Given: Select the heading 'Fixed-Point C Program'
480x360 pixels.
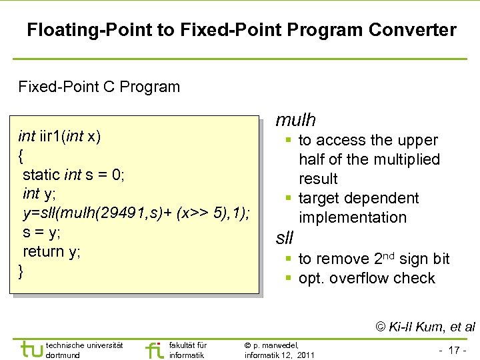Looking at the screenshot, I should [99, 87].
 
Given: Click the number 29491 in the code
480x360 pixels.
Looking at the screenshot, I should [101, 213].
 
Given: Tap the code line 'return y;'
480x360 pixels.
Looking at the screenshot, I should [51, 252].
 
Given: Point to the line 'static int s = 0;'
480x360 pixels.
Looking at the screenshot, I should [73, 175].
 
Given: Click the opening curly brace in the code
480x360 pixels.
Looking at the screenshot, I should [21, 156].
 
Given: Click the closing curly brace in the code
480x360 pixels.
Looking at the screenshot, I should [21, 271].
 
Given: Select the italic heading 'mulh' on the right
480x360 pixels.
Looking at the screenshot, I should [295, 120].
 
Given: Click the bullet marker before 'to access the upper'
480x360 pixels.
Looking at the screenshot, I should [289, 141].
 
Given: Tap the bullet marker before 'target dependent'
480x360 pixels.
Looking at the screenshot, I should [289, 199].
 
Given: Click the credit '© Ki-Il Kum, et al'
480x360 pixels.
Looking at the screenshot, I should [425, 327].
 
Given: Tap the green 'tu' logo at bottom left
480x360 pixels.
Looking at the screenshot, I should [31, 349].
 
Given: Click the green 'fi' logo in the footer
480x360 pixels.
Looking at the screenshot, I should [153, 350].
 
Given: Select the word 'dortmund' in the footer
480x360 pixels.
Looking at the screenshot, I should [64, 355].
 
